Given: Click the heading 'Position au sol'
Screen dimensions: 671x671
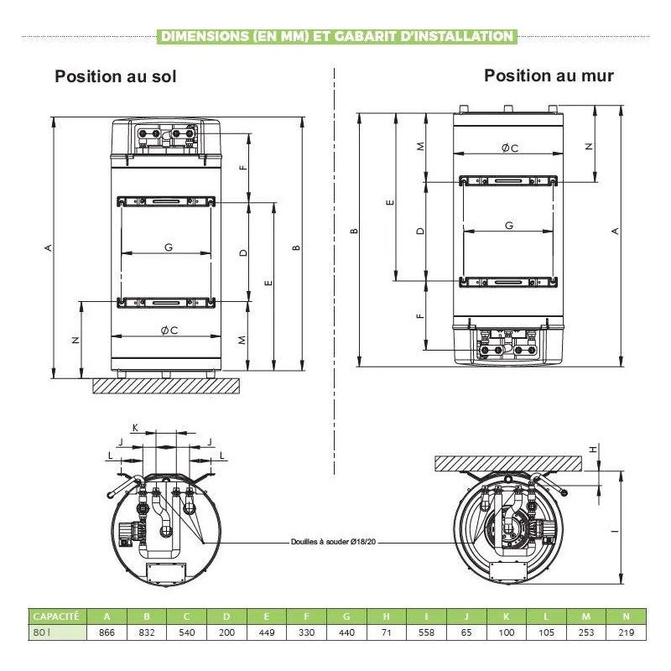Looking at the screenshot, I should [116, 76].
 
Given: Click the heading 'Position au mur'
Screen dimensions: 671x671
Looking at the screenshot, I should [549, 75].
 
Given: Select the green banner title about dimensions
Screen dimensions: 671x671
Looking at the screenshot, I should [335, 36].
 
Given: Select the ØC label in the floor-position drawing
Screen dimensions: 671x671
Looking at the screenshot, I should [169, 330].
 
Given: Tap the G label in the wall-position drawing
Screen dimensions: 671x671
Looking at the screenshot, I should [509, 226].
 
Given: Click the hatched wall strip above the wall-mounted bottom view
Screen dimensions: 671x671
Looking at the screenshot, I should [508, 462].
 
